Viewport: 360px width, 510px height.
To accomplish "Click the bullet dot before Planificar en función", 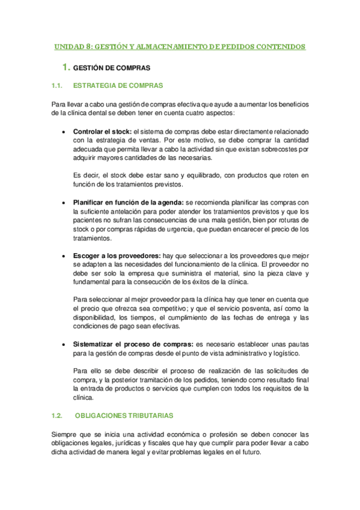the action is click(64, 203).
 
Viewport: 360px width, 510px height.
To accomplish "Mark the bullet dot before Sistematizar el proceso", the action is click(64, 344).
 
